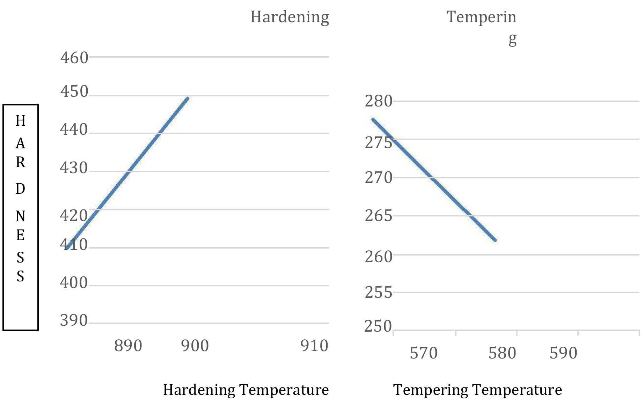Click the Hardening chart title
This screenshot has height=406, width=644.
[x=290, y=17]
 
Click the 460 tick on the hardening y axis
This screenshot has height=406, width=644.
[x=74, y=58]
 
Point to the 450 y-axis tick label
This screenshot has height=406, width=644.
[x=74, y=91]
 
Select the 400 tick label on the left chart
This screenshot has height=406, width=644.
[x=74, y=282]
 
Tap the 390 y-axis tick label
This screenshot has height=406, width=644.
[x=74, y=320]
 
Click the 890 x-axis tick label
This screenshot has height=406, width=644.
[x=128, y=346]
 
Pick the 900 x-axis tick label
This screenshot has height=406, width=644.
[x=195, y=346]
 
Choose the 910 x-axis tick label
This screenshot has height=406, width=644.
[x=314, y=346]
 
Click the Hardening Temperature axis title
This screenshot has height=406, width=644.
[x=246, y=390]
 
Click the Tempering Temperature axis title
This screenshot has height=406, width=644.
[x=477, y=390]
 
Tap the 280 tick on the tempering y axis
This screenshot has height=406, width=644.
[x=379, y=101]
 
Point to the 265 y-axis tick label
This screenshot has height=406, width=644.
[x=379, y=216]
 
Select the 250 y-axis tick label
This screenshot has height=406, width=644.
[x=378, y=326]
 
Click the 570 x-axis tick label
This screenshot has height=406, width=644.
[x=424, y=353]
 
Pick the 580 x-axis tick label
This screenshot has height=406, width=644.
[x=502, y=353]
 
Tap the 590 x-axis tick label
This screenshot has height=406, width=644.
[x=563, y=353]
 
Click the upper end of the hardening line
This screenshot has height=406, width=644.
[x=188, y=99]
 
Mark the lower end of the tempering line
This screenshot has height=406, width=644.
[x=495, y=240]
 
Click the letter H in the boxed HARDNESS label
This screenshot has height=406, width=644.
[x=21, y=121]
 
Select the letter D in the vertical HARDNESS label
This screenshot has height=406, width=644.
[x=21, y=189]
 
